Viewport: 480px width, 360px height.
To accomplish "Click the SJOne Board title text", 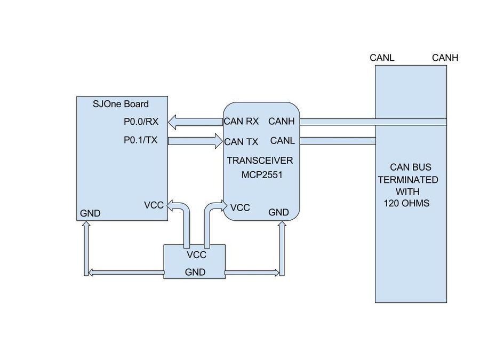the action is point(121,104).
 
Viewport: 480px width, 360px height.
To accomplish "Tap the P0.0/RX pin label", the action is point(141,122).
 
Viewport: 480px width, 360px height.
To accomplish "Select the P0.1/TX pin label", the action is point(140,140).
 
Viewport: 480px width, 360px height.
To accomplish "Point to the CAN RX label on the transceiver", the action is point(241,121).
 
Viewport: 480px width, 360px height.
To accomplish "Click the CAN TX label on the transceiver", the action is point(241,142).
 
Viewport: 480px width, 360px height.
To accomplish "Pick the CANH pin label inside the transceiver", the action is point(281,121).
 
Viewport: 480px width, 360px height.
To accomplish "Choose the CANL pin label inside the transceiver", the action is point(282,140).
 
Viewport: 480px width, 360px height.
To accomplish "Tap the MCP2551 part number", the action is point(262,175).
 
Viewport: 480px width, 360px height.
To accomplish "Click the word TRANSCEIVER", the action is point(260,161).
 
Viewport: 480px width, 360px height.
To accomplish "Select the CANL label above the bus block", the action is point(382,58).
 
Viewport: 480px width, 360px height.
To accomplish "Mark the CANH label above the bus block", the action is point(445,58).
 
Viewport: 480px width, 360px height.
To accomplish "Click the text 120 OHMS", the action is point(406,203).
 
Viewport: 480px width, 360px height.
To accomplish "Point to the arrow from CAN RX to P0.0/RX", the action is point(195,122).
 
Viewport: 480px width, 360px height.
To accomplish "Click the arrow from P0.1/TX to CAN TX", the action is point(195,141).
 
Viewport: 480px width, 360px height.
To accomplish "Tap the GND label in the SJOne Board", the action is point(90,213).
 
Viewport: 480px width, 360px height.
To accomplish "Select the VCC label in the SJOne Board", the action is point(154,205).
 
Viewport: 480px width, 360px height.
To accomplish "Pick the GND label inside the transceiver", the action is point(278,212).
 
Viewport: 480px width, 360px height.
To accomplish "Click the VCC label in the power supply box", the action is point(196,255).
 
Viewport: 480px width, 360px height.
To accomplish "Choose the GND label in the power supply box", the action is point(195,272).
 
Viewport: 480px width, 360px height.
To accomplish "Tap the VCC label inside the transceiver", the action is point(240,207).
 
